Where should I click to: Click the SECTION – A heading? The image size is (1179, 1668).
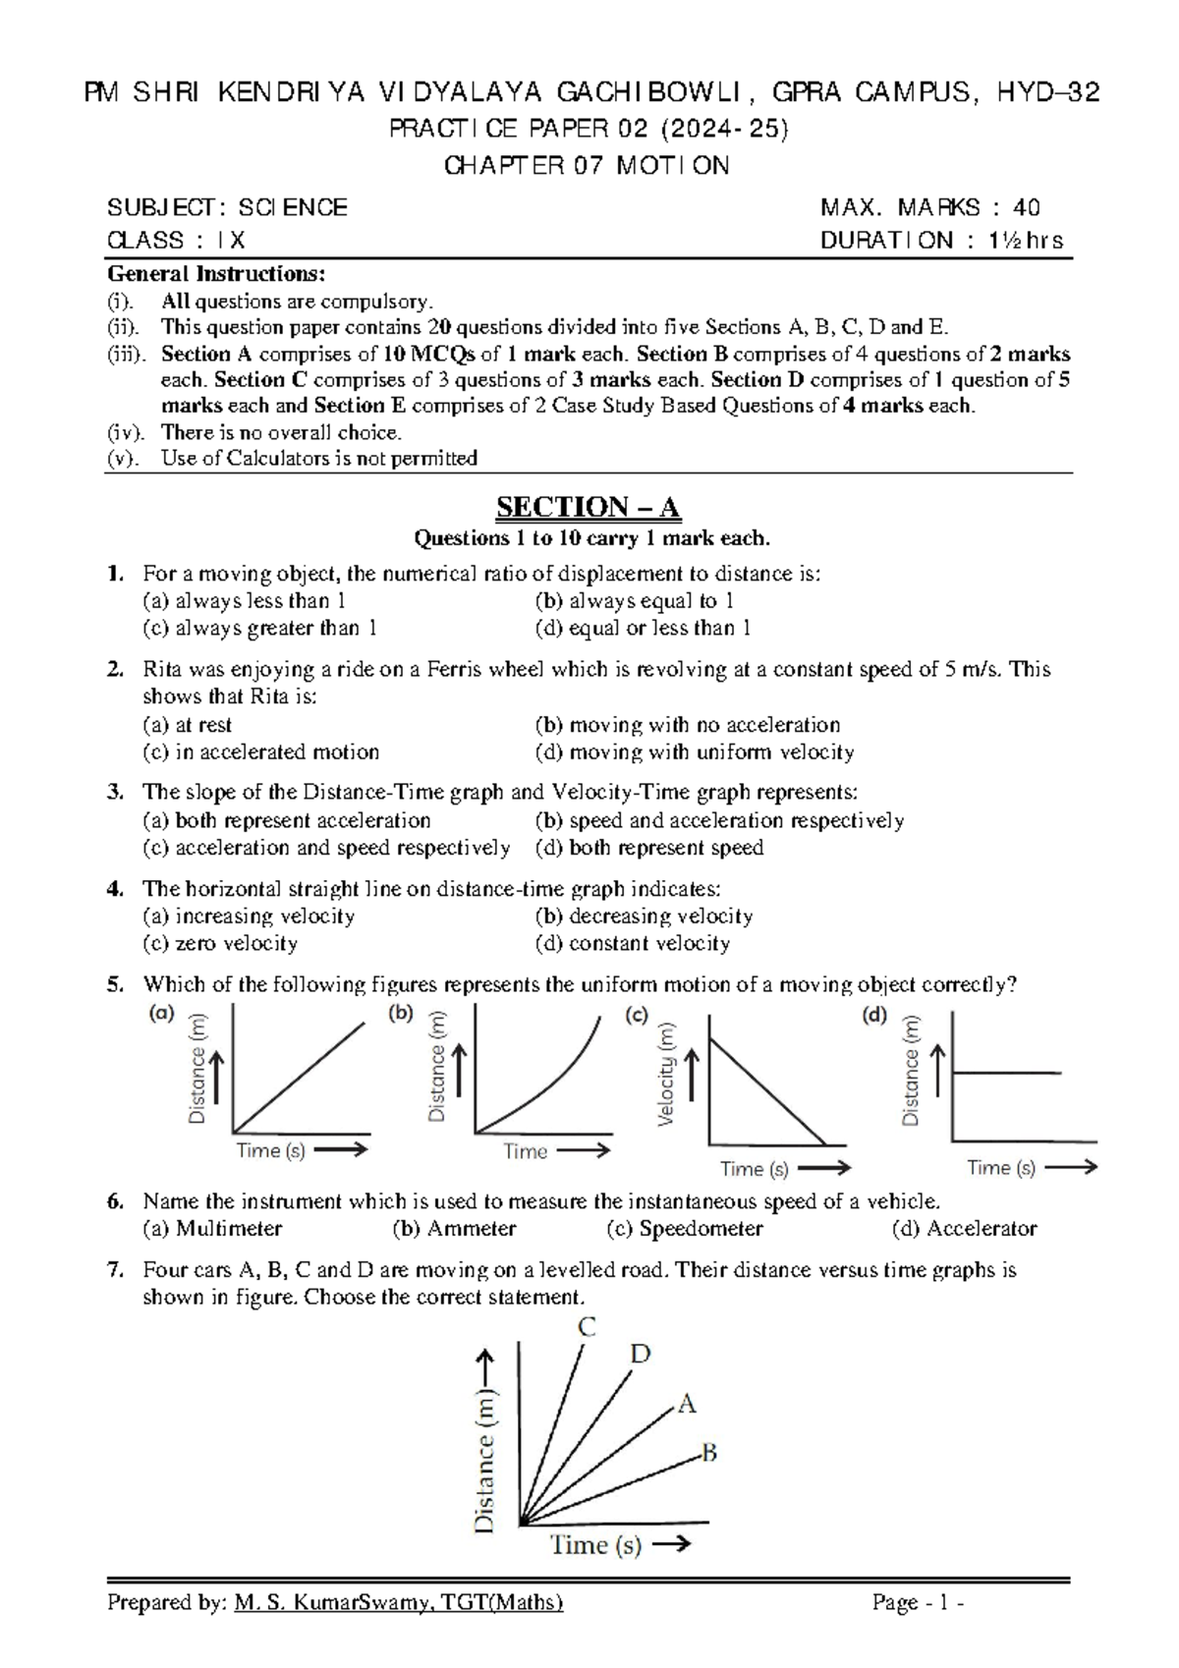point(588,507)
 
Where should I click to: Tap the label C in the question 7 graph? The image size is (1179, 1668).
point(587,1328)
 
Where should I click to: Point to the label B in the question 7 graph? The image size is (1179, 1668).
point(708,1452)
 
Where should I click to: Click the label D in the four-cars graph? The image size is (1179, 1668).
point(640,1355)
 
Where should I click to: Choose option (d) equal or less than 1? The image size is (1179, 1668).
point(644,628)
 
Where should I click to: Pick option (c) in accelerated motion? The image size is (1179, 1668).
point(261,752)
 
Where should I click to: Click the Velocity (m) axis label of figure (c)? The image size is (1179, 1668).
point(668,1075)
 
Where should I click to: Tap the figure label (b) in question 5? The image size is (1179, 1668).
point(401,1014)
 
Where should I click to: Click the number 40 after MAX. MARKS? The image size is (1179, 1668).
point(1027,207)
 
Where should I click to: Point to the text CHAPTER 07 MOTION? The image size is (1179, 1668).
point(588,166)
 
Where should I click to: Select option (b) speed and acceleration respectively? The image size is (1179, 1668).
point(719,821)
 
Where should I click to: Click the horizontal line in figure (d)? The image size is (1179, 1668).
point(1007,1073)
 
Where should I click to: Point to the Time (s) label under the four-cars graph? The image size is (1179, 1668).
point(595,1545)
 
